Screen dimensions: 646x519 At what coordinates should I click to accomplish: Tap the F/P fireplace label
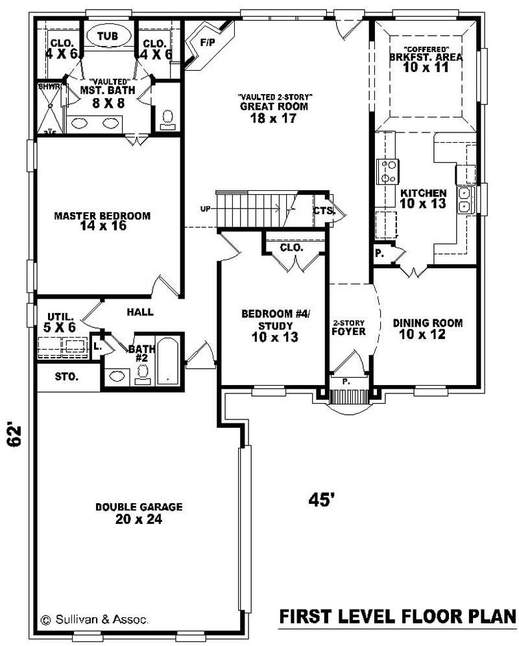(208, 43)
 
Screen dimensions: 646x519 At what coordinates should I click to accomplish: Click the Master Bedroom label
(103, 221)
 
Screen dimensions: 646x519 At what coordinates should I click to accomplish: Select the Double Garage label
(139, 513)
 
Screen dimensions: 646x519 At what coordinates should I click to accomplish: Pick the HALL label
(140, 312)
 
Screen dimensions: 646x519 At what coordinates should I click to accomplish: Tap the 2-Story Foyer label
(349, 327)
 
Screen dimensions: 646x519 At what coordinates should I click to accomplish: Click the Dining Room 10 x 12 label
(428, 329)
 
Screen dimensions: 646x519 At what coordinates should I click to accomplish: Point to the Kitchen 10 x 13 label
(423, 199)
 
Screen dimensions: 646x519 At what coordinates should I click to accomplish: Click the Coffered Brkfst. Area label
(426, 58)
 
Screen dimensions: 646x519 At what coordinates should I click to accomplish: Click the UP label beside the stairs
(205, 208)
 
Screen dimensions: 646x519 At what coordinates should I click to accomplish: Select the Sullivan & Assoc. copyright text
(95, 619)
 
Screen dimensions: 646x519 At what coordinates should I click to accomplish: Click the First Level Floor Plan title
(397, 616)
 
